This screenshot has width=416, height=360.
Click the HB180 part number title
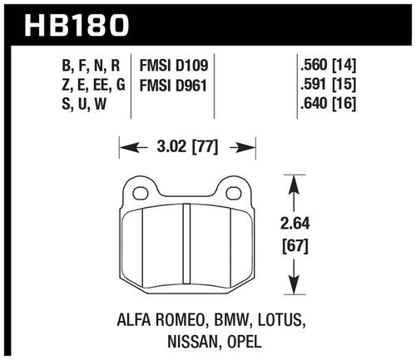(x=77, y=26)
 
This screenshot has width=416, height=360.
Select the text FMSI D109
(x=174, y=66)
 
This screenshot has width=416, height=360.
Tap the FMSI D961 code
(x=173, y=85)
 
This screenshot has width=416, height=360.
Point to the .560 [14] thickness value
(x=328, y=66)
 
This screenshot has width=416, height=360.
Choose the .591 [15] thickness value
(x=328, y=85)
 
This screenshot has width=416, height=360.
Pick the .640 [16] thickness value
(x=328, y=104)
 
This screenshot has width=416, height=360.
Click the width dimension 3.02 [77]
(x=187, y=147)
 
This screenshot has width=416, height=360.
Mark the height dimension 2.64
(x=295, y=224)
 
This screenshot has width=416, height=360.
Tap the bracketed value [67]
(x=295, y=246)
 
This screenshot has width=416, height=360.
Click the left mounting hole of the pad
(x=140, y=193)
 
